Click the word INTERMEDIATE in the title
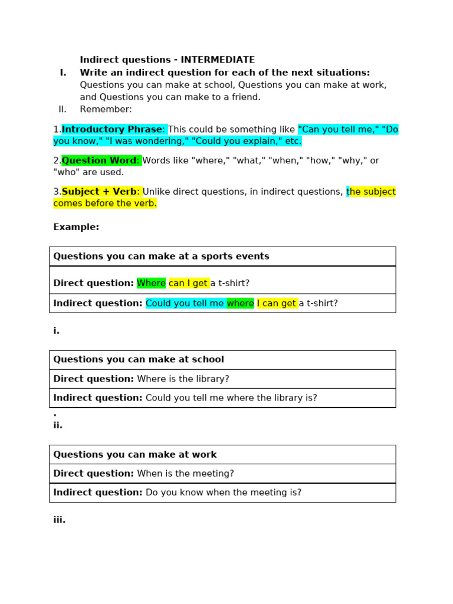click(218, 60)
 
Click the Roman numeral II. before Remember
click(63, 109)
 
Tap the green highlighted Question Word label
click(99, 160)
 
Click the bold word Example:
click(76, 227)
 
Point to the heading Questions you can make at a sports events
click(161, 257)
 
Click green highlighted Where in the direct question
click(151, 283)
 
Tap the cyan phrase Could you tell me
click(185, 303)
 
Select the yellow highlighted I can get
click(276, 303)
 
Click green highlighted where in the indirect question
click(240, 303)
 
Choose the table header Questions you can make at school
click(139, 359)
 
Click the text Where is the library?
click(183, 379)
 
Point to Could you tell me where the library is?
click(231, 398)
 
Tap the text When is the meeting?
click(185, 474)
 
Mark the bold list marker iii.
click(59, 520)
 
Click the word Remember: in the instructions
click(106, 109)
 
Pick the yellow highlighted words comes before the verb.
click(105, 203)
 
